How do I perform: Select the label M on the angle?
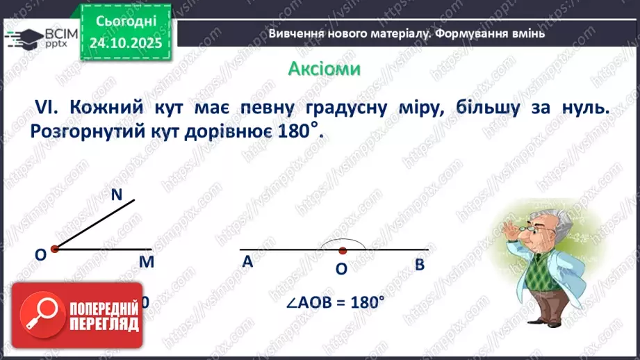pyautogui.click(x=145, y=261)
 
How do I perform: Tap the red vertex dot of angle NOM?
pyautogui.click(x=55, y=248)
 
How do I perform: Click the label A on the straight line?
pyautogui.click(x=247, y=262)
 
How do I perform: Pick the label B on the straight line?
pyautogui.click(x=419, y=264)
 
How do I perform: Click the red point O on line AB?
pyautogui.click(x=342, y=249)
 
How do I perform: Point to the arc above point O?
pyautogui.click(x=342, y=240)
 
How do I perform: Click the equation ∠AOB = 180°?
pyautogui.click(x=335, y=303)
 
